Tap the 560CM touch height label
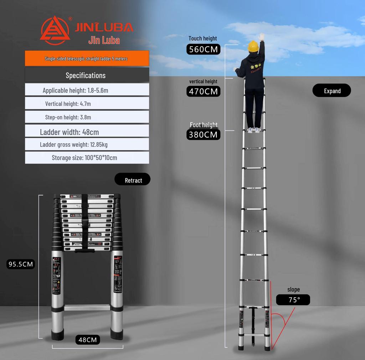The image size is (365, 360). tap(203, 49)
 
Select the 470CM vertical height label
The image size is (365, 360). tap(203, 92)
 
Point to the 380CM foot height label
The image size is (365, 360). tap(203, 135)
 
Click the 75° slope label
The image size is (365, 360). tap(294, 300)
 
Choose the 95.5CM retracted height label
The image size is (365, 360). tap(21, 264)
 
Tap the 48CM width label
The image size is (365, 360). tap(88, 340)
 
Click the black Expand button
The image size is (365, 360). tap(332, 91)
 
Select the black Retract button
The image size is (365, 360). tap(133, 180)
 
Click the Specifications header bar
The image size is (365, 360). tap(87, 75)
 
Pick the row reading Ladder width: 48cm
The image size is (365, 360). tap(87, 132)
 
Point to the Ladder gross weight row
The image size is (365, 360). tap(87, 145)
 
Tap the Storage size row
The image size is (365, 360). tap(87, 158)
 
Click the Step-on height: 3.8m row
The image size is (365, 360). tap(87, 117)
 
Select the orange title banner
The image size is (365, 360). tap(87, 58)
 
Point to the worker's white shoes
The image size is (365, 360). tap(253, 130)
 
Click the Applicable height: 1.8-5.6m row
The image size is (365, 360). tap(87, 90)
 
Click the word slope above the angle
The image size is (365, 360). tap(294, 289)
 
